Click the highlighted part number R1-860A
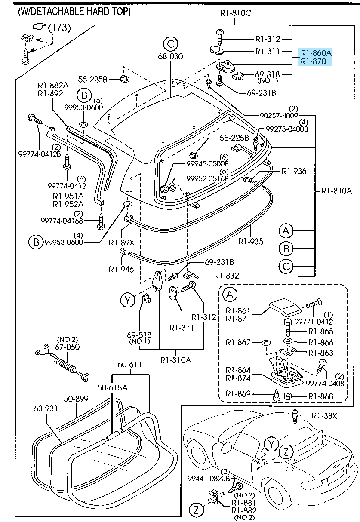point(316,53)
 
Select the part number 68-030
point(170,57)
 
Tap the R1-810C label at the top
point(235,13)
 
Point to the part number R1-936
point(294,171)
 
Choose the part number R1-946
point(121,270)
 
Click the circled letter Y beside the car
point(271,444)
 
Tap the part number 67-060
point(68,347)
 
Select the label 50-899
point(76,399)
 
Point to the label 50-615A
point(113,387)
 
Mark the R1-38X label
point(324,416)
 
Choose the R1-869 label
point(239,393)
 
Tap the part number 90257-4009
point(279,115)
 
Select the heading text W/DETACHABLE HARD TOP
point(74,12)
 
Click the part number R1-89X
point(122,242)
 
